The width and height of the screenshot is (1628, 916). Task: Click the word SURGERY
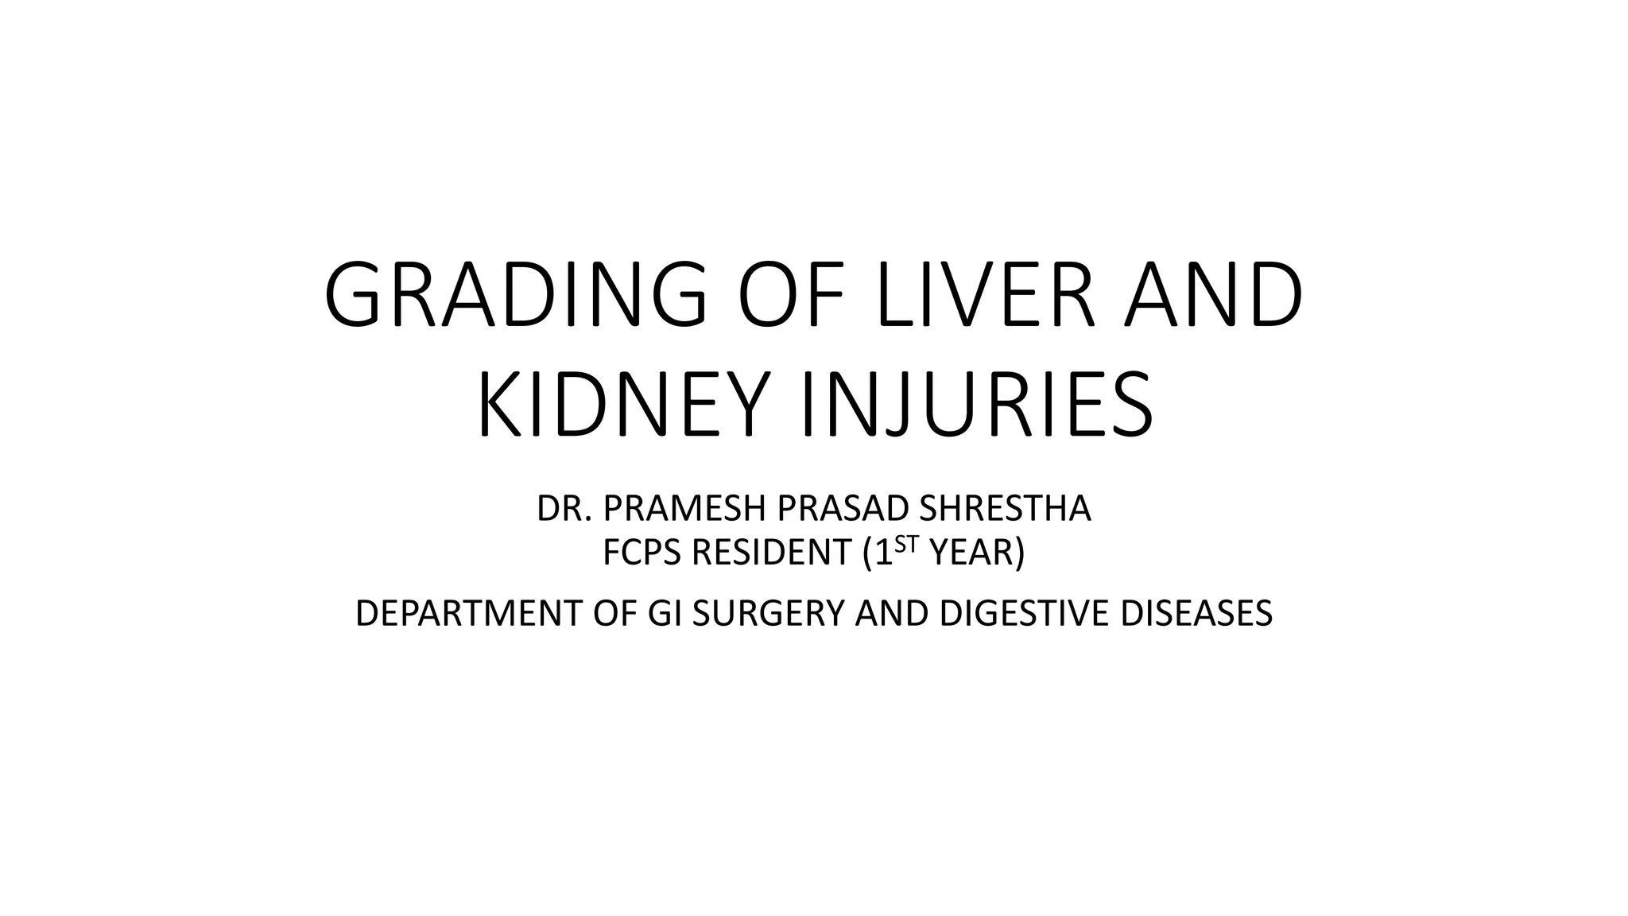(768, 614)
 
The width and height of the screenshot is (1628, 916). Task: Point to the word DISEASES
(1196, 614)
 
